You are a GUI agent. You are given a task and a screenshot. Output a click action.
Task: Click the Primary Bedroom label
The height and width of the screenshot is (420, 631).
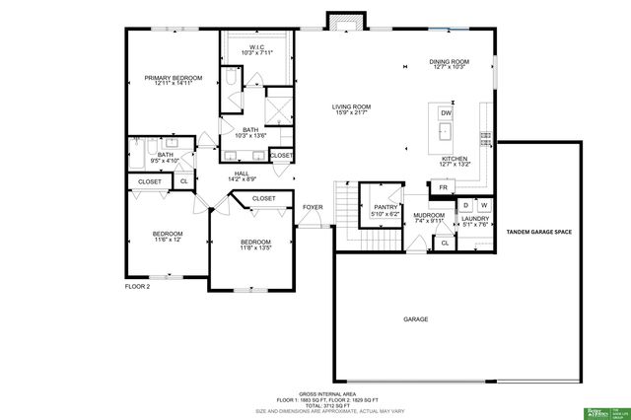tap(173, 78)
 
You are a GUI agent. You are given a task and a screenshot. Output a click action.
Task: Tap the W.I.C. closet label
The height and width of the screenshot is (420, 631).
tap(255, 47)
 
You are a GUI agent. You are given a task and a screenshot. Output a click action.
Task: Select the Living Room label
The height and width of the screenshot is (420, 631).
tap(350, 106)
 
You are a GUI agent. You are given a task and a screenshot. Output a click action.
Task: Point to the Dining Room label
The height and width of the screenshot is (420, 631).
tap(449, 62)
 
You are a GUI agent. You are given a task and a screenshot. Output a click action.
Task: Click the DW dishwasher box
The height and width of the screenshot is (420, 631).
tap(446, 113)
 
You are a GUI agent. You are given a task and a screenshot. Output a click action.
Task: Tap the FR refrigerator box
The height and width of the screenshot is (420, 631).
tap(444, 187)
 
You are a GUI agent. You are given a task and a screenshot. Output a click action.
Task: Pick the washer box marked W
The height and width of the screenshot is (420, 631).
tap(484, 204)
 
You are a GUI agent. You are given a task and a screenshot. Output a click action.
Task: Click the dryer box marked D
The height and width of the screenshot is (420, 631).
tap(466, 204)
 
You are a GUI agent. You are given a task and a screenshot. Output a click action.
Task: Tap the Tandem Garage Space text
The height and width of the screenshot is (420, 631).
tap(538, 232)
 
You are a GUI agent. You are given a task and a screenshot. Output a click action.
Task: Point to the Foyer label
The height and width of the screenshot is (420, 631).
tap(313, 207)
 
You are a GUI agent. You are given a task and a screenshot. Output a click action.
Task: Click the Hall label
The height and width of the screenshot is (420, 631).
tap(242, 174)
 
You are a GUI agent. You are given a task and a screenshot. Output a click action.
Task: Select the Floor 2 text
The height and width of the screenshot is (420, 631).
tap(136, 286)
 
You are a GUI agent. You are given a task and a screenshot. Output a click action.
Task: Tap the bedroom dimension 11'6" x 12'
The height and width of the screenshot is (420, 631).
tap(168, 240)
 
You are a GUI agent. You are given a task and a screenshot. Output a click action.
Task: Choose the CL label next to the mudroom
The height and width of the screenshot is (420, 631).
tap(444, 243)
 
